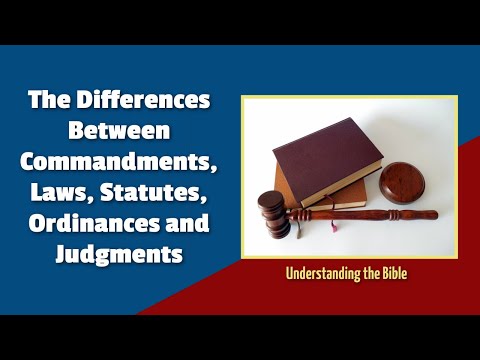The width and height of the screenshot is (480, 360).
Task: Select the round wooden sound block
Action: pyautogui.click(x=407, y=182)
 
